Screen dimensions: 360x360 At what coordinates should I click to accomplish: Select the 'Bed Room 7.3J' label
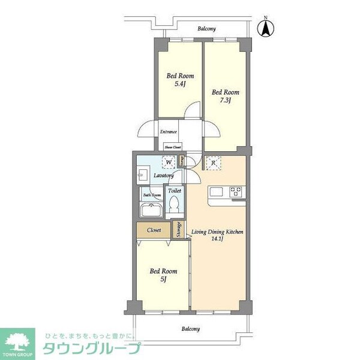coord(225,97)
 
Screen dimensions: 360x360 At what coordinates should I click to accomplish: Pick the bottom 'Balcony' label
coord(190,329)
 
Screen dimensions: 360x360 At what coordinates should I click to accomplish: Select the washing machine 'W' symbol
coord(169,162)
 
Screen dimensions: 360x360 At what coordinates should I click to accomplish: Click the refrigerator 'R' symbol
coord(213,162)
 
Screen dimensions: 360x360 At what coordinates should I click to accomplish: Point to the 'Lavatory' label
coord(163,176)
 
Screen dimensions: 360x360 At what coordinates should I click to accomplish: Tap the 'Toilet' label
coord(174,191)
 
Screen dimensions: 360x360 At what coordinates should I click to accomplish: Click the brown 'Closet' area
coord(154,230)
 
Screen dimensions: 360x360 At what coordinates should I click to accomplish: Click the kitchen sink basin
coord(216,193)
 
